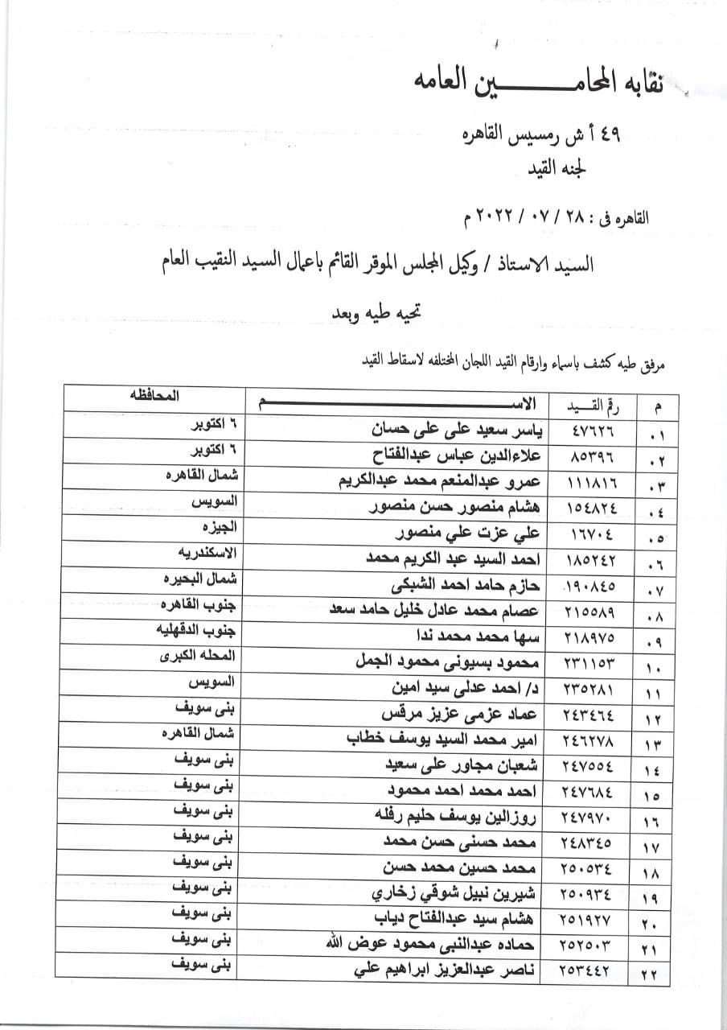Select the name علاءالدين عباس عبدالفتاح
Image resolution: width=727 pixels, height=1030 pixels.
pos(450,456)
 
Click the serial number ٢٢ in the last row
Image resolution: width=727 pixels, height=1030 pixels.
pos(649,974)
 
